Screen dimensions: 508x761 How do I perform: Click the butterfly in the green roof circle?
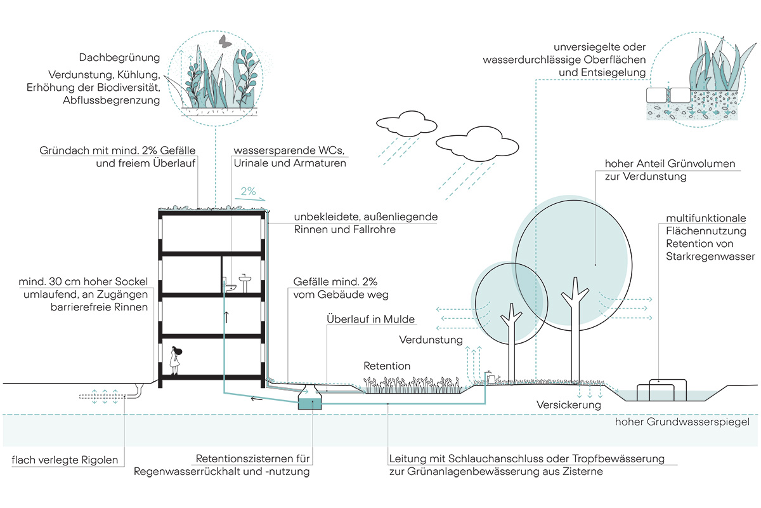223,41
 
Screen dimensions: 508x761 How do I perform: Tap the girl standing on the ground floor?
174,359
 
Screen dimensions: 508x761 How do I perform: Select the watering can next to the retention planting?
491,377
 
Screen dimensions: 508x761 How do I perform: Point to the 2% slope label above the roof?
248,190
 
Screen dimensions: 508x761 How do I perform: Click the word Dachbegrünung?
119,58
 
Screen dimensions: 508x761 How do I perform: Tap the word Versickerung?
568,404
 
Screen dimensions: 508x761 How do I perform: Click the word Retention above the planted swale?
387,366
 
